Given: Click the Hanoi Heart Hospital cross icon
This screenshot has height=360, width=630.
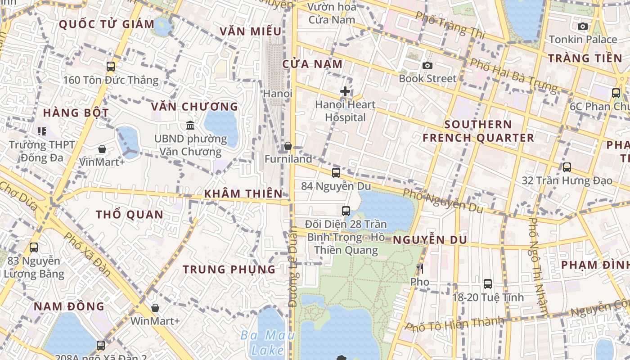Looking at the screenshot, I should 345,91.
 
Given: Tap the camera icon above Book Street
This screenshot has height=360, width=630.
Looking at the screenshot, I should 427,65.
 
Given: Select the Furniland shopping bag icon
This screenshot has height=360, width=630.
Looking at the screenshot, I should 288,146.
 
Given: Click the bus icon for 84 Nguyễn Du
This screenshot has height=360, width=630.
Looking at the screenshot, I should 336,172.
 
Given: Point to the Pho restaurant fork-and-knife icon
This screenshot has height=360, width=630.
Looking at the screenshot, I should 420,269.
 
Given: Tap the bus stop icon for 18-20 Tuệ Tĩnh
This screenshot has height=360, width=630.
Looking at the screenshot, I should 488,283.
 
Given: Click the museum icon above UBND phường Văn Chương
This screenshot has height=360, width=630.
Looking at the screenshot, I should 190,125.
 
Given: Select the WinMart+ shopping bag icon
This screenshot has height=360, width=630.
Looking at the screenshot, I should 155,308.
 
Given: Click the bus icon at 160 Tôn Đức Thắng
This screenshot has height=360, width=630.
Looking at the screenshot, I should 111,67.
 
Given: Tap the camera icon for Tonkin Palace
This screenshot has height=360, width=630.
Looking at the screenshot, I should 583,26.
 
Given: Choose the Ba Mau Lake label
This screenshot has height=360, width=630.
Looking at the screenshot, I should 268,342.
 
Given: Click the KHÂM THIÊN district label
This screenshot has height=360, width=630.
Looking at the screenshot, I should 243,193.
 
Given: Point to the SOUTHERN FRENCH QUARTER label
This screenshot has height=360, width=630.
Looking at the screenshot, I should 478,131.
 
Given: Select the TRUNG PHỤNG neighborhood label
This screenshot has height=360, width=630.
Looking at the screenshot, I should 229,269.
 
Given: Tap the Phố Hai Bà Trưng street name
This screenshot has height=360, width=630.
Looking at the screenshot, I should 513,75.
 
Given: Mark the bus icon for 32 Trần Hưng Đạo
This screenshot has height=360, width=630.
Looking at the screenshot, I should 567,167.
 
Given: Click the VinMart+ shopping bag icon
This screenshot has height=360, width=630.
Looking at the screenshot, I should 102,148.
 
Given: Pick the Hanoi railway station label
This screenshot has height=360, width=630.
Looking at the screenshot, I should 278,94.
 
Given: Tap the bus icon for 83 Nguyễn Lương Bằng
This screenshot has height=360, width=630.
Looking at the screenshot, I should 34,247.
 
